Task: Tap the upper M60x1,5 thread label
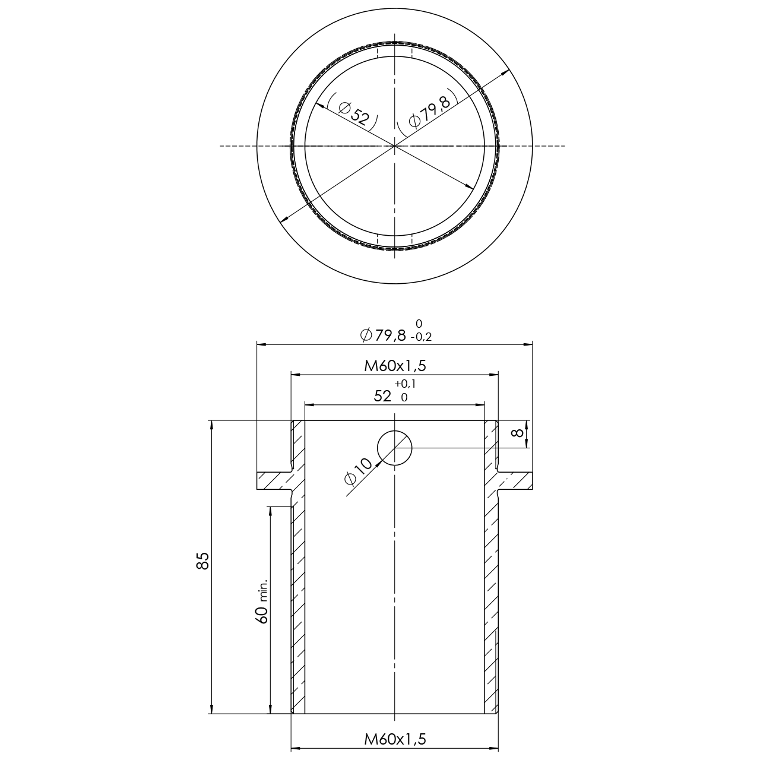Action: (x=395, y=366)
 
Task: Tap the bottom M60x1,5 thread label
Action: (x=395, y=739)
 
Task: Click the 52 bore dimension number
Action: (x=383, y=397)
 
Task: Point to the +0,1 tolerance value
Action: (x=405, y=384)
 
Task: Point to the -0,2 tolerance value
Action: (x=421, y=337)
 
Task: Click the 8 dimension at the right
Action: (x=518, y=433)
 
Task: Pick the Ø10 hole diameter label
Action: (x=358, y=472)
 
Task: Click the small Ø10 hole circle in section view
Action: (x=395, y=448)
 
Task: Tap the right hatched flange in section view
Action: (x=515, y=481)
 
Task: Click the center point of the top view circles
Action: (x=395, y=145)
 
